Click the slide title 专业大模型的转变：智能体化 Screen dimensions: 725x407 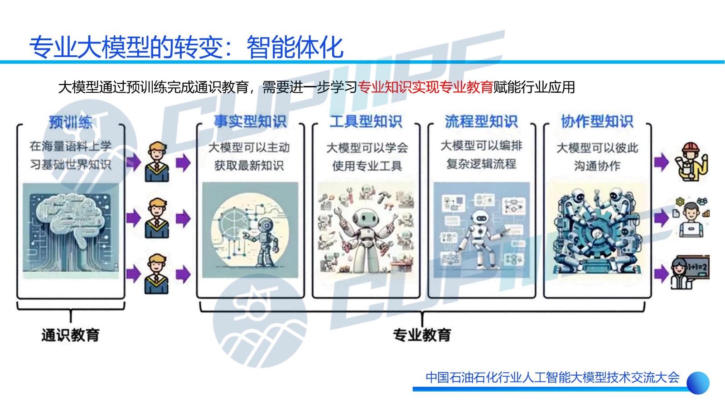pyautogui.click(x=186, y=47)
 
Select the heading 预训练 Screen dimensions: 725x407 pyautogui.click(x=71, y=122)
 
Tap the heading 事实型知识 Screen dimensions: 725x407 pyautogui.click(x=250, y=121)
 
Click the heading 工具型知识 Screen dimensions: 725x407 pyautogui.click(x=366, y=121)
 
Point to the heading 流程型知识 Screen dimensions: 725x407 pyautogui.click(x=482, y=121)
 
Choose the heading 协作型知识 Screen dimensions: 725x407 pyautogui.click(x=597, y=121)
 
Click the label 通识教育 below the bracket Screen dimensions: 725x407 pyautogui.click(x=71, y=335)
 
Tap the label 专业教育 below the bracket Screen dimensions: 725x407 pyautogui.click(x=422, y=335)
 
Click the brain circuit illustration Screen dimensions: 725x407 pyautogui.click(x=71, y=230)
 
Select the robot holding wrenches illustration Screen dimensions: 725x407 pyautogui.click(x=366, y=230)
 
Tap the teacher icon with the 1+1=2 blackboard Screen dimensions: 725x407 pyautogui.click(x=690, y=272)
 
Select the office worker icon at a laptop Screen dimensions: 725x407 pyautogui.click(x=691, y=217)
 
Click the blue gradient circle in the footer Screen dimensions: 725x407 pyautogui.click(x=698, y=383)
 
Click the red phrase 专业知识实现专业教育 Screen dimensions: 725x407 pyautogui.click(x=425, y=87)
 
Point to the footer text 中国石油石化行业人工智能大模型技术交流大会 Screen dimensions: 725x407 pyautogui.click(x=552, y=378)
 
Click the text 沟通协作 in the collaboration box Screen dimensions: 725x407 pyautogui.click(x=597, y=166)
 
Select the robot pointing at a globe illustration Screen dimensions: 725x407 pyautogui.click(x=250, y=230)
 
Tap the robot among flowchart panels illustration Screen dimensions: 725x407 pyautogui.click(x=482, y=230)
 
